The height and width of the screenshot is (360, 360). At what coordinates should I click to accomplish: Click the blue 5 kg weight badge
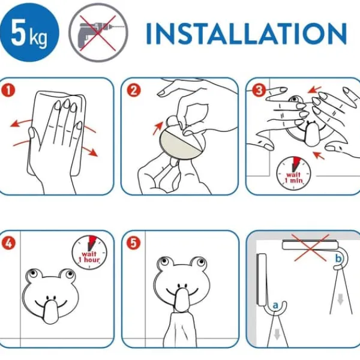[x=29, y=32]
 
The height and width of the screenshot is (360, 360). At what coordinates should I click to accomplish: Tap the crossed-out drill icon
[x=98, y=32]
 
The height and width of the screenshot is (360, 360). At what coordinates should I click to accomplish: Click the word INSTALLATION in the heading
[x=246, y=34]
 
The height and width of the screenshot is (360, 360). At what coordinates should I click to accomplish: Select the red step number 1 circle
[x=8, y=91]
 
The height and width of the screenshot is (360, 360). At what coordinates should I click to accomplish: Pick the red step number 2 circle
[x=134, y=91]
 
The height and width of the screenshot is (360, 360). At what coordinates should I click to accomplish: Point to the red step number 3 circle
[x=259, y=90]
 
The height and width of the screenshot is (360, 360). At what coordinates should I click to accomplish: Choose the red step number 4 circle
[x=8, y=243]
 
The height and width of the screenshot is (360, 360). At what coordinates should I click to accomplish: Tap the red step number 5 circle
[x=133, y=243]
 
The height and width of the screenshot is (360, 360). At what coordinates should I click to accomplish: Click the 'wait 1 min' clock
[x=293, y=173]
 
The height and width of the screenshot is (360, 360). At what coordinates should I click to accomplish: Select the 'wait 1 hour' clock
[x=89, y=253]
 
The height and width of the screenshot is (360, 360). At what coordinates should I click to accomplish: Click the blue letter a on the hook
[x=275, y=305]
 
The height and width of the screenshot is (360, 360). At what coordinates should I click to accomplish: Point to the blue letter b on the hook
[x=338, y=259]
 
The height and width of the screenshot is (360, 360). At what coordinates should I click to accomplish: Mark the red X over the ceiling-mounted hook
[x=310, y=247]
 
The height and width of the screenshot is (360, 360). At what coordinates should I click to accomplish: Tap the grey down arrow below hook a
[x=277, y=334]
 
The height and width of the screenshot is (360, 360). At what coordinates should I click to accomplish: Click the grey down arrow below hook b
[x=340, y=299]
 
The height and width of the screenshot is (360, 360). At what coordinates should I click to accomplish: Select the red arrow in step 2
[x=158, y=128]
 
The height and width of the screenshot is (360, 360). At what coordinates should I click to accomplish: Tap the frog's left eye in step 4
[x=33, y=273]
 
